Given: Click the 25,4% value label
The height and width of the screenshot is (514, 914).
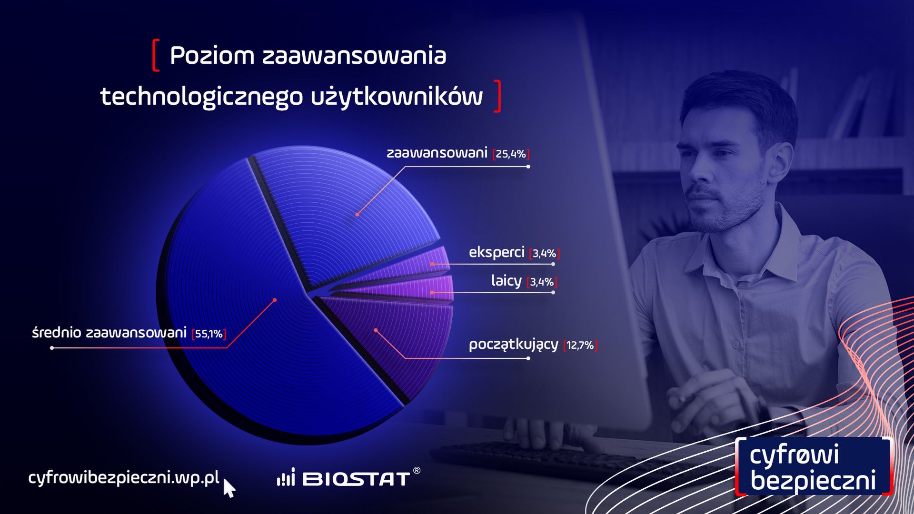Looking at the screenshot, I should [x=511, y=154].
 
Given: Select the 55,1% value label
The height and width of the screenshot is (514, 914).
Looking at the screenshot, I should [x=209, y=334].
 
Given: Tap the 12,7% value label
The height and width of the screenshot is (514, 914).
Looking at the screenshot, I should [x=580, y=345].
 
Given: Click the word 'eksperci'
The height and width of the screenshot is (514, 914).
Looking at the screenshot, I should [x=497, y=252].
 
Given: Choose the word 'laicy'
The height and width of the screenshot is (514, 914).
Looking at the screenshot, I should [x=506, y=280].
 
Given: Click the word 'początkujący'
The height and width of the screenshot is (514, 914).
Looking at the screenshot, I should [x=513, y=344].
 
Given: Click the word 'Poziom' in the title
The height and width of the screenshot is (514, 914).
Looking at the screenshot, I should [x=212, y=56].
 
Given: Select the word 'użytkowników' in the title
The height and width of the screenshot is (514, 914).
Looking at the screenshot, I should [x=397, y=97].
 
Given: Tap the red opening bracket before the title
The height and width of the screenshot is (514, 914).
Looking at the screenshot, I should [x=156, y=56].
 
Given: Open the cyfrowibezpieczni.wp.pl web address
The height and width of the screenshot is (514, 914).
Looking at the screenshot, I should [x=124, y=477].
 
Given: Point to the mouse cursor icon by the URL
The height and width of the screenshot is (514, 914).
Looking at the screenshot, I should [x=229, y=488].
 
